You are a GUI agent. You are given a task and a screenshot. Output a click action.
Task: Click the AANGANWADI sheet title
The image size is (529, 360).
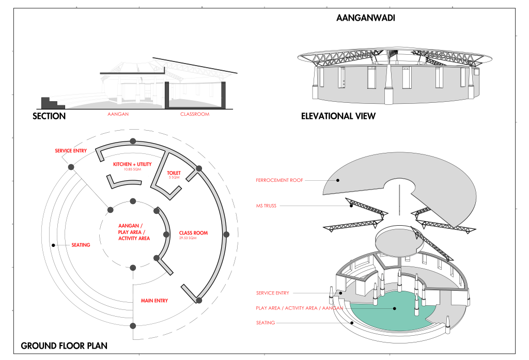pyautogui.click(x=362, y=18)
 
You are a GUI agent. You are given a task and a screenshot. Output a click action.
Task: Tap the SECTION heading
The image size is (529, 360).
pyautogui.click(x=49, y=116)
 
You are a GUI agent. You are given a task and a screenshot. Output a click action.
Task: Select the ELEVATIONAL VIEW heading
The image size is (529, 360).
pyautogui.click(x=338, y=116)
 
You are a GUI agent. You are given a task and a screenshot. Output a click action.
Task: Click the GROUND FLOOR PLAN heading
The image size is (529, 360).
pyautogui.click(x=64, y=346)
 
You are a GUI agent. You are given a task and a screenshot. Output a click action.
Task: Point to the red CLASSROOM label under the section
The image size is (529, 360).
pyautogui.click(x=195, y=114)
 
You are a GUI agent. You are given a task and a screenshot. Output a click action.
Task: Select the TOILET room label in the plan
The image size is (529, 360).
pyautogui.click(x=174, y=173)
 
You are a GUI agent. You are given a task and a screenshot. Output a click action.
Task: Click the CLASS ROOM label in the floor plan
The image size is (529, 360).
pyautogui.click(x=193, y=233)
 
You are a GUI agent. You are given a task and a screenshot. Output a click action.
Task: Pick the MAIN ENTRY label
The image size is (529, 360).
pyautogui.click(x=154, y=301)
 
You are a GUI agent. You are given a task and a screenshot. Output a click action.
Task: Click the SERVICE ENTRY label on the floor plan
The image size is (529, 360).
pyautogui.click(x=71, y=151)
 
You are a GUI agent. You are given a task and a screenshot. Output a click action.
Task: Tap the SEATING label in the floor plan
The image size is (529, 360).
pyautogui.click(x=81, y=245)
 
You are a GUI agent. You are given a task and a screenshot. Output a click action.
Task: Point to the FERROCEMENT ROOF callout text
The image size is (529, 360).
pyautogui.click(x=279, y=180)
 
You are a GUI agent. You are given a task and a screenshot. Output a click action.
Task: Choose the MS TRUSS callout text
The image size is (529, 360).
pyautogui.click(x=266, y=206)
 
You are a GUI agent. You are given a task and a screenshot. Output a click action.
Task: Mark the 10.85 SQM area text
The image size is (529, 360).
pyautogui.click(x=132, y=169)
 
